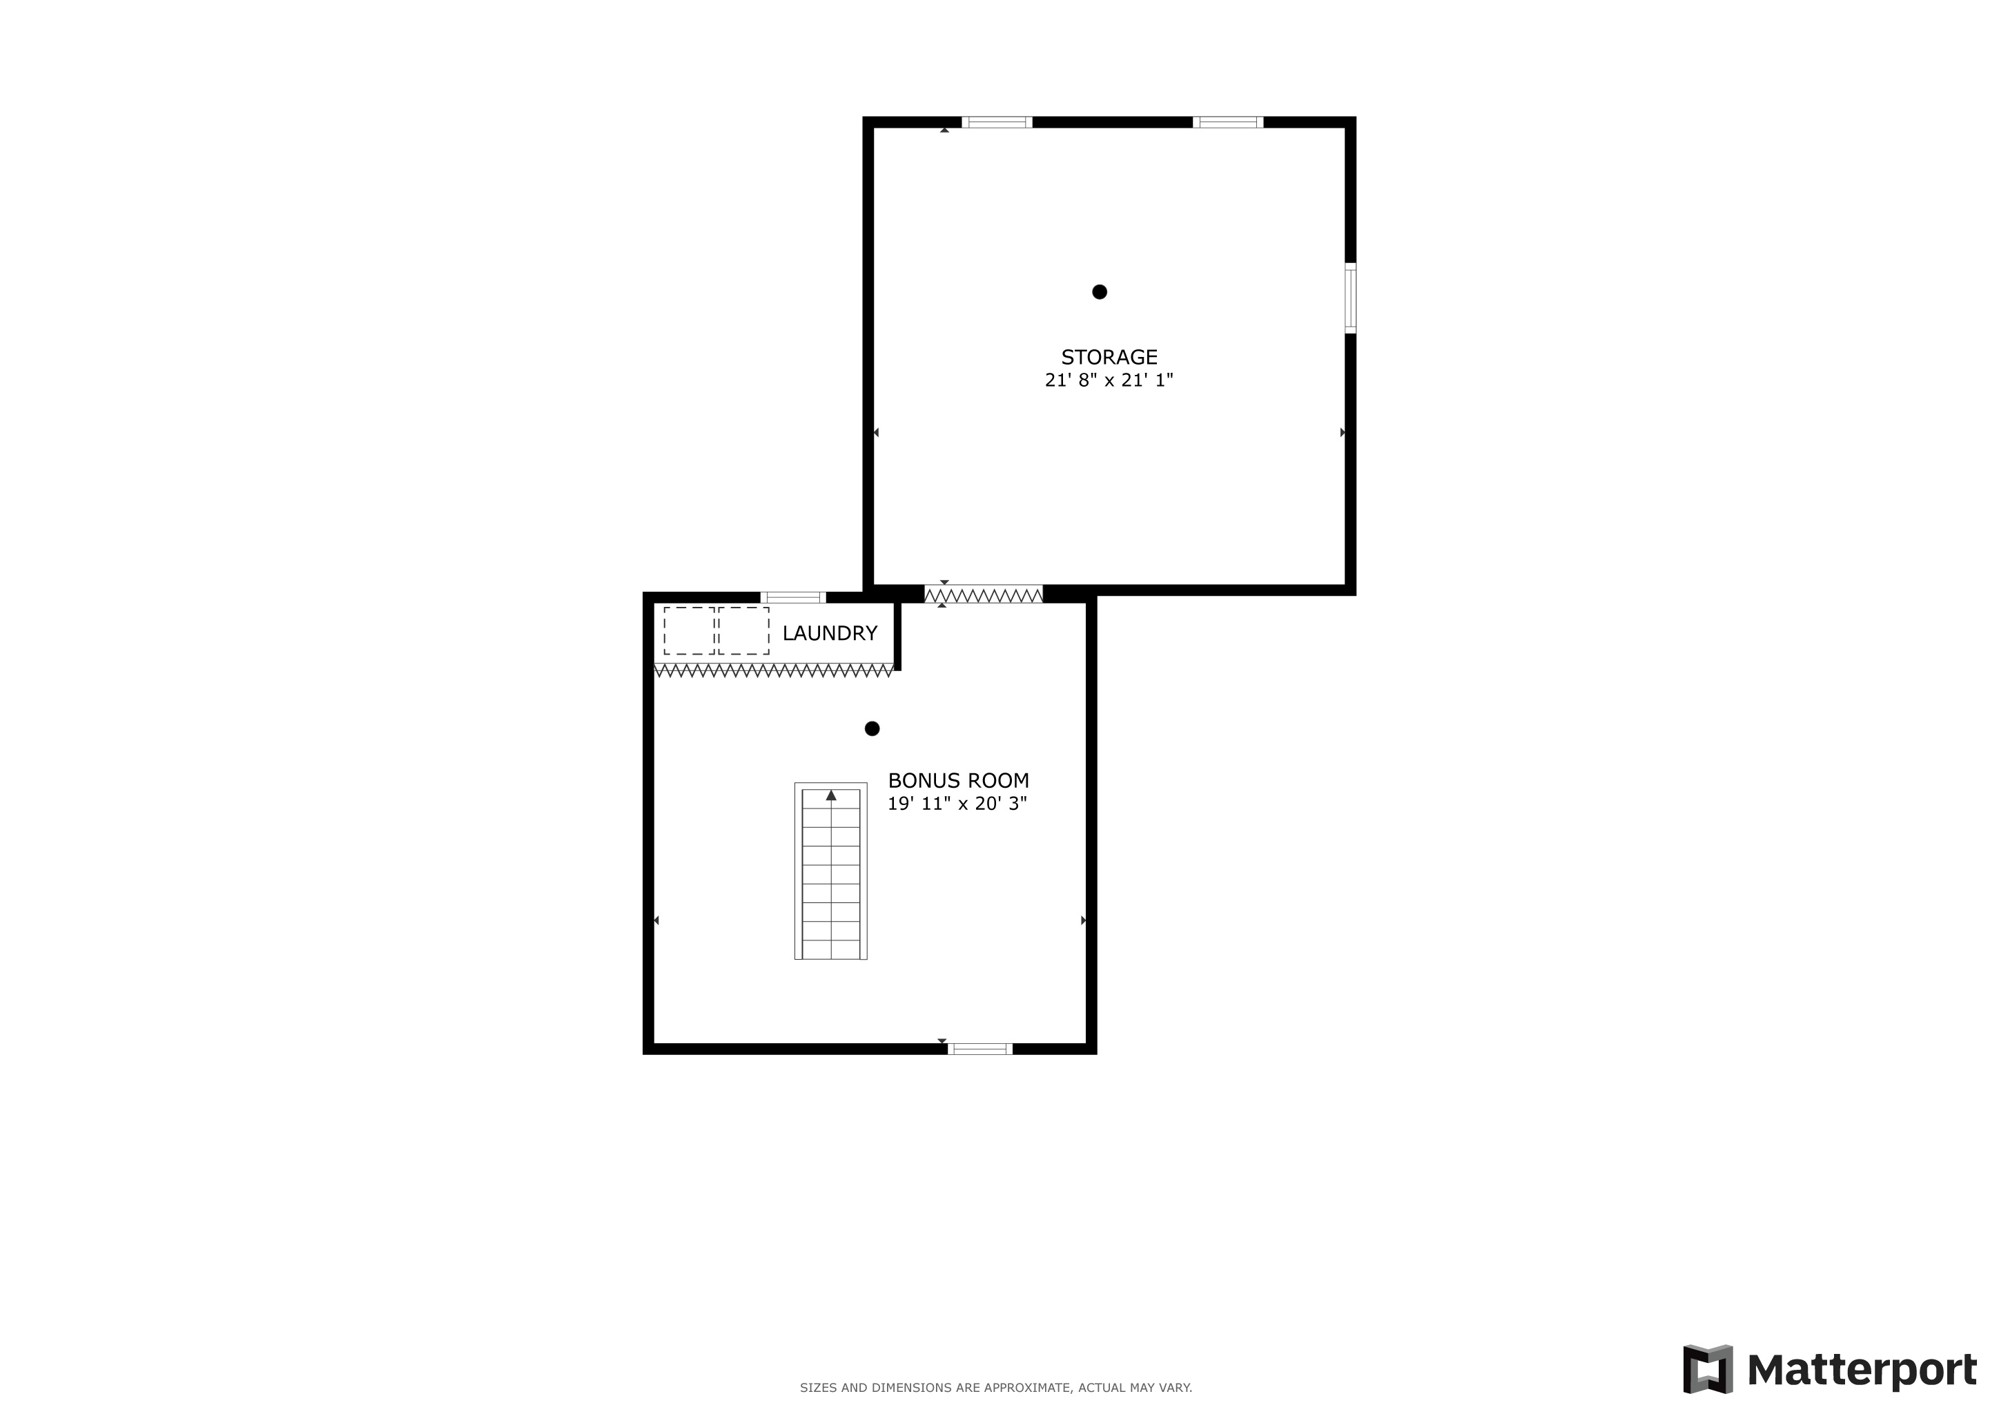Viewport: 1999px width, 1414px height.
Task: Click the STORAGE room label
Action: (x=1109, y=357)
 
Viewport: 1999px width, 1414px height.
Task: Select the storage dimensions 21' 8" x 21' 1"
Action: (x=1109, y=380)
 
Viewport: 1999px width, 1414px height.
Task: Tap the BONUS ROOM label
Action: (x=959, y=781)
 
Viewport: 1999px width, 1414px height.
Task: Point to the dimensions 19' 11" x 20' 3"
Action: (x=957, y=804)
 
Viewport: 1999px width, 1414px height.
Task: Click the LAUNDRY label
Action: (x=830, y=633)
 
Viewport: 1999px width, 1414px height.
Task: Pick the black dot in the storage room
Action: (x=1100, y=291)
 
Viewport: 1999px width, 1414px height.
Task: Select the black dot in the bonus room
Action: (x=872, y=729)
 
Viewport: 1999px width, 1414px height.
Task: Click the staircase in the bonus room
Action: (x=830, y=871)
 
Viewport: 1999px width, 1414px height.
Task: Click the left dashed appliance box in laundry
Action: (x=689, y=631)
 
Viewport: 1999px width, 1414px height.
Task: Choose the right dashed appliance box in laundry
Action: (x=744, y=631)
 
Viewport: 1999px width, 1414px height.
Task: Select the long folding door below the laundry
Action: (x=774, y=670)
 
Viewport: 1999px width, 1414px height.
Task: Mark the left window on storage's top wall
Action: (x=997, y=122)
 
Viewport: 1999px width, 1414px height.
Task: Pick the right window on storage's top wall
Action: (x=1227, y=122)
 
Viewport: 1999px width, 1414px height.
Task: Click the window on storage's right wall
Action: (x=1350, y=298)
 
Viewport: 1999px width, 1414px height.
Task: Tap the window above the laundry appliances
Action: (x=793, y=597)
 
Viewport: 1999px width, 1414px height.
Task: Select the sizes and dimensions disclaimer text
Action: (x=996, y=1388)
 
